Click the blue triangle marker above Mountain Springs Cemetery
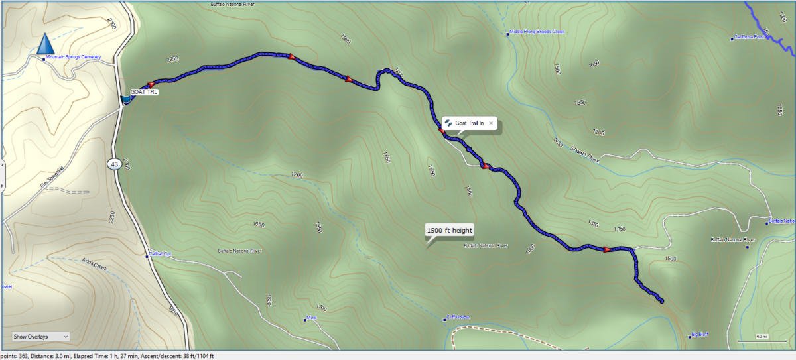[x=45, y=44]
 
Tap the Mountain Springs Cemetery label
[x=73, y=58]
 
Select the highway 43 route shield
[x=115, y=164]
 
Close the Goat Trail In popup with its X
[x=491, y=123]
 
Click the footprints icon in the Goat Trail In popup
[x=449, y=123]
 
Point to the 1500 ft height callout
[x=449, y=231]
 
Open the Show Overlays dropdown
[x=40, y=337]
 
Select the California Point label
[x=749, y=38]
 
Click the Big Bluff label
[x=700, y=334]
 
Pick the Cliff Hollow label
[x=458, y=318]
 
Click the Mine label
[x=312, y=318]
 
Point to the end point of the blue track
[x=661, y=302]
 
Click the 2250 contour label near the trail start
[x=173, y=60]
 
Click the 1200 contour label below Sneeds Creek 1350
[x=598, y=133]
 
